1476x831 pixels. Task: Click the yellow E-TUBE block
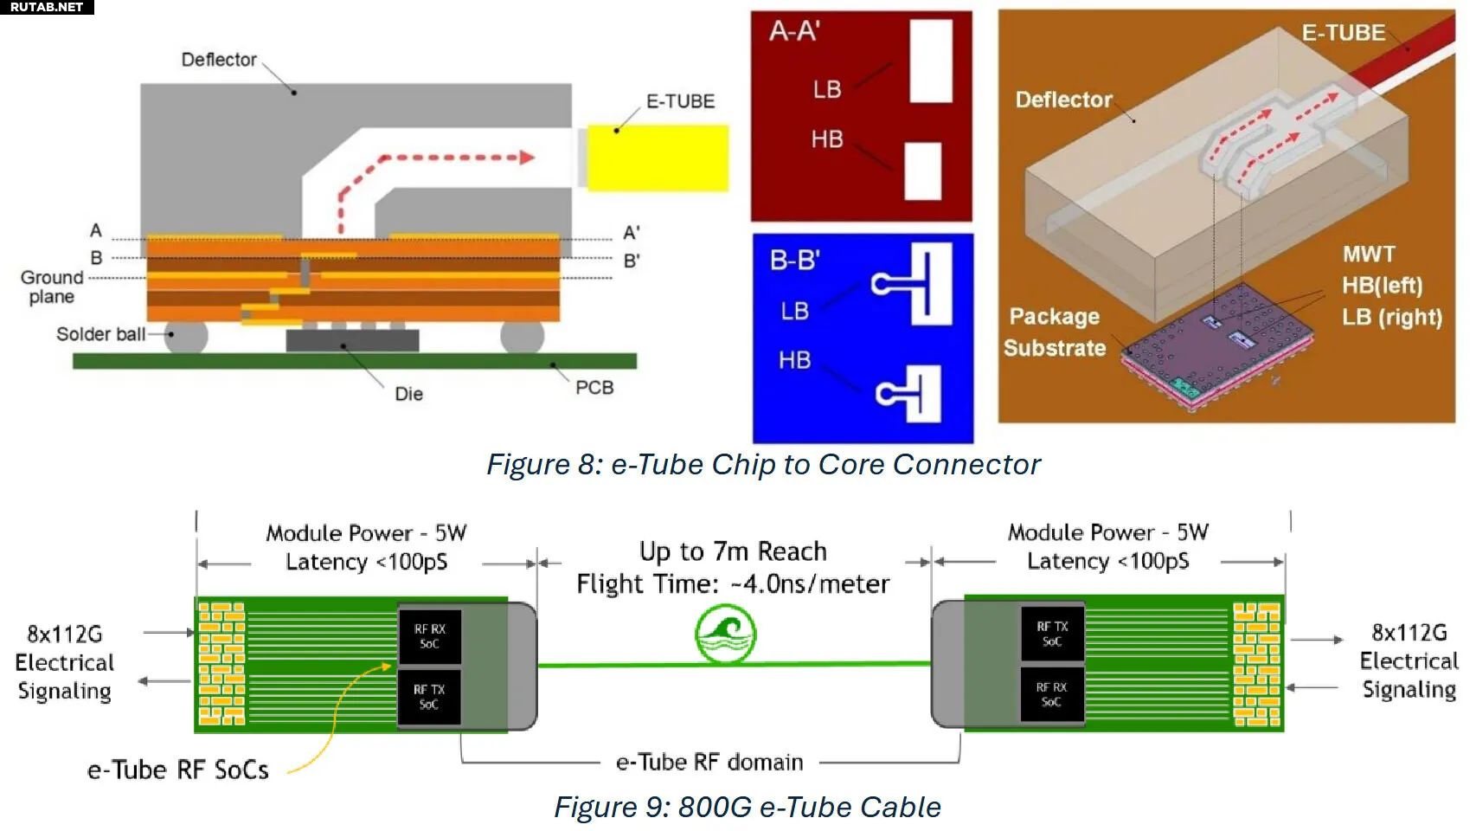point(658,158)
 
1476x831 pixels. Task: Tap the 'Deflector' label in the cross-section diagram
point(219,60)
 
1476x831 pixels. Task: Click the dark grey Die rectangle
point(352,340)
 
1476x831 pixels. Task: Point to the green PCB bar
point(354,361)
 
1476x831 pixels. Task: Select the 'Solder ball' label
point(100,334)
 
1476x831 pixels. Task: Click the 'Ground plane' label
point(52,287)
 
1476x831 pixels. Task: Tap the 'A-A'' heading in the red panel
point(794,32)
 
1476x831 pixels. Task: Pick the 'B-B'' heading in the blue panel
point(794,261)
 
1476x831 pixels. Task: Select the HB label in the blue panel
point(794,360)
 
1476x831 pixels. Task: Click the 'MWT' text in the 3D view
point(1369,254)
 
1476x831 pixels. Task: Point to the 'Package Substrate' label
point(1055,332)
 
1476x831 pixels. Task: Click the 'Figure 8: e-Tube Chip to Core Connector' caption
point(763,465)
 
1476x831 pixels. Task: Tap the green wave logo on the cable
point(725,635)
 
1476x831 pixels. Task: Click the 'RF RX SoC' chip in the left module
point(429,636)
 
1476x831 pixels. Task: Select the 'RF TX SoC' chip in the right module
point(1052,634)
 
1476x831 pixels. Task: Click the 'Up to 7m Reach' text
point(733,551)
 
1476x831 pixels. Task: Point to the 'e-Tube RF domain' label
point(709,762)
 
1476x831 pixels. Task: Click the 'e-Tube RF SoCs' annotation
point(178,770)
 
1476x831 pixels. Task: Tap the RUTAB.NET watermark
point(47,7)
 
